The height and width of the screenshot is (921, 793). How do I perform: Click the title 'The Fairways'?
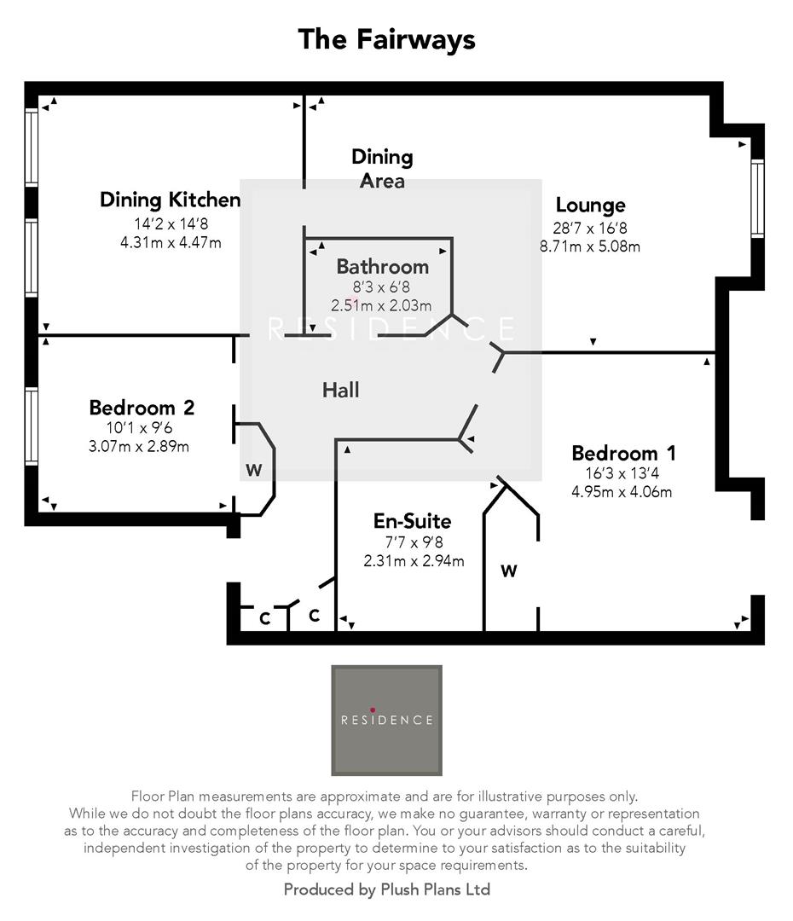pyautogui.click(x=386, y=39)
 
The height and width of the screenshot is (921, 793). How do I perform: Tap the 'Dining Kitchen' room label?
pyautogui.click(x=170, y=200)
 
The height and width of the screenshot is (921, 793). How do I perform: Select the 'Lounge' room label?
pyautogui.click(x=590, y=205)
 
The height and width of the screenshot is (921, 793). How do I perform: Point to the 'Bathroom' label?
pyautogui.click(x=382, y=266)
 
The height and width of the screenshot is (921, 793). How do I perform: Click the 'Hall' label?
pyautogui.click(x=340, y=390)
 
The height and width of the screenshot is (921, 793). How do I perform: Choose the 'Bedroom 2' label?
pyautogui.click(x=142, y=408)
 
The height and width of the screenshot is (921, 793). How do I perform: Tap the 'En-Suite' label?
pyautogui.click(x=412, y=521)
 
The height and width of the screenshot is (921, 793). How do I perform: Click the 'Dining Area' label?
pyautogui.click(x=382, y=168)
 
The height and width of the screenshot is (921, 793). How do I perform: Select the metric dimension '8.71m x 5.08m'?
pyautogui.click(x=590, y=246)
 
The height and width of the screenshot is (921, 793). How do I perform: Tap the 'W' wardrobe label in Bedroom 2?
pyautogui.click(x=253, y=470)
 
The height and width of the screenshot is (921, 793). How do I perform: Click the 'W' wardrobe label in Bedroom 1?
pyautogui.click(x=509, y=571)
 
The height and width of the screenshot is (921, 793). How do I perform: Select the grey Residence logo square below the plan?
pyautogui.click(x=386, y=720)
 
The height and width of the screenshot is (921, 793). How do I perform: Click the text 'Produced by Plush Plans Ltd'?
pyautogui.click(x=386, y=889)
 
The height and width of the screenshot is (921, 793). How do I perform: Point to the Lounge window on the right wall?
pyautogui.click(x=757, y=198)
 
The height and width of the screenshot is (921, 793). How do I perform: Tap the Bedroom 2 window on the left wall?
pyautogui.click(x=32, y=426)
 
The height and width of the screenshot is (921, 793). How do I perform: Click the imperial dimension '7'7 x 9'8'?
pyautogui.click(x=413, y=542)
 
